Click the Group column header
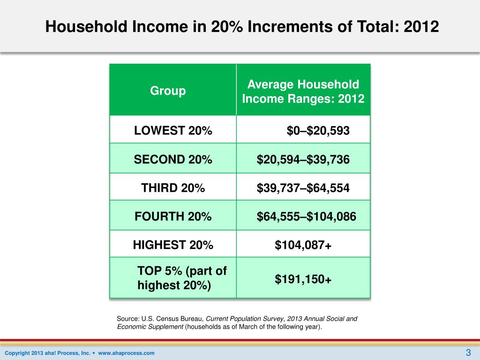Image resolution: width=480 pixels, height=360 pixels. [168, 91]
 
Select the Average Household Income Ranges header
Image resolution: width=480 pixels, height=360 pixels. [303, 92]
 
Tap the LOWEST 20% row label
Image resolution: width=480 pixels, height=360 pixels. [173, 131]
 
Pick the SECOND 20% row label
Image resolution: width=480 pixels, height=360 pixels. [173, 160]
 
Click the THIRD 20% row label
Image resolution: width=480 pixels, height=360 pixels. [173, 188]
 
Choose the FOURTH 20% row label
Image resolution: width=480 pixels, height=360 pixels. [173, 217]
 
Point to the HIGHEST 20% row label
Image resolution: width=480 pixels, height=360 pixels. [173, 245]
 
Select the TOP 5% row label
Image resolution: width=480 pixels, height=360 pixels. [182, 278]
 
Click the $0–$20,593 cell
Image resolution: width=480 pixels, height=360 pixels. [318, 131]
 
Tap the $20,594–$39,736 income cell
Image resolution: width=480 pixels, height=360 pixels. [303, 160]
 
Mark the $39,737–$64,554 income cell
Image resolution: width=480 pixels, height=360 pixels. [303, 188]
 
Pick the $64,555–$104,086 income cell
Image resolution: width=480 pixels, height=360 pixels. [306, 217]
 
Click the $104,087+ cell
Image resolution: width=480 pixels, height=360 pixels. [303, 245]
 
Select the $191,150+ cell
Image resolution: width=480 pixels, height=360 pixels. [303, 279]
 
